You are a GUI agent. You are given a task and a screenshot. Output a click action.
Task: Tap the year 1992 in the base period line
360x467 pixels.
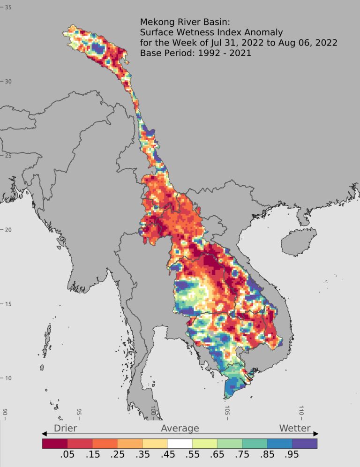205,53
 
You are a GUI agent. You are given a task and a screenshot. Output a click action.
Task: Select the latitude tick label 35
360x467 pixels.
8,8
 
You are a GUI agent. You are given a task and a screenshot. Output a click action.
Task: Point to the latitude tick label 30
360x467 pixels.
8,82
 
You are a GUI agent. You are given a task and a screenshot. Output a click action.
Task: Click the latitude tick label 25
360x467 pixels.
8,156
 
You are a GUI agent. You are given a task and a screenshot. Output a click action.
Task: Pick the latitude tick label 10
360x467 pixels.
8,378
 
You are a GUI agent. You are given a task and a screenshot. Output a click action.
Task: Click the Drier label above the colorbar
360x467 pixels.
65,428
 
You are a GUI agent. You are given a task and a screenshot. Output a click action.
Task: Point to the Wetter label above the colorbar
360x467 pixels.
294,428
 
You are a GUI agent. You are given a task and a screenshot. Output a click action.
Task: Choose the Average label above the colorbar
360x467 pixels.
180,428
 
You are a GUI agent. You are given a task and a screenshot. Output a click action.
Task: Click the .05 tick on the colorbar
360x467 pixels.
67,456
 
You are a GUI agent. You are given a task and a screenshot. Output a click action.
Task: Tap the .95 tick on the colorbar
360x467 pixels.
292,456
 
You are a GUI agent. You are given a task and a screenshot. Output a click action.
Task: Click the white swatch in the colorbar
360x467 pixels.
180,443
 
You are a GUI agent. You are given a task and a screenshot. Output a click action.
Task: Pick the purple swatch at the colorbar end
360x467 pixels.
305,443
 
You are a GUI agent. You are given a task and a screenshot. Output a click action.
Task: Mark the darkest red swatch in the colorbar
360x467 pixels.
55,443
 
